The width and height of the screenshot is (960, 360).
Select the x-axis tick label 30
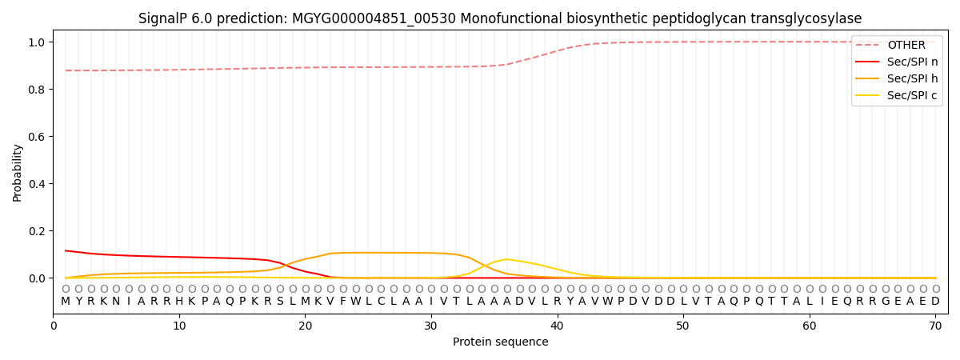[x=431, y=326]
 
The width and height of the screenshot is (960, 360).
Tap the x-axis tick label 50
[x=683, y=326]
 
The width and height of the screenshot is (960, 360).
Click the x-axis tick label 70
[x=935, y=326]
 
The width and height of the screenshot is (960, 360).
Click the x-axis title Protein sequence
[x=501, y=342]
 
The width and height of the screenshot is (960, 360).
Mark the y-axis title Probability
[x=18, y=173]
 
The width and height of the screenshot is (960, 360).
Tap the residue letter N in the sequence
[x=116, y=302]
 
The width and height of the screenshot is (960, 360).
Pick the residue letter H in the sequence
[x=179, y=302]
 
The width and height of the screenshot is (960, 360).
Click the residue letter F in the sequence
[x=343, y=302]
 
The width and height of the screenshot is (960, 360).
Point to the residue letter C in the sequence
[x=381, y=302]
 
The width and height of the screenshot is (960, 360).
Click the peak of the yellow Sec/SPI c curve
[x=506, y=259]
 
